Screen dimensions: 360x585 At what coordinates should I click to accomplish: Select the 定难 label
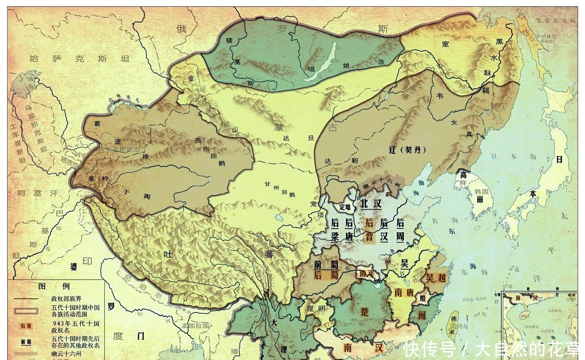[345, 207]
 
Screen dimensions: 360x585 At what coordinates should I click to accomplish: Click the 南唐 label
[404, 292]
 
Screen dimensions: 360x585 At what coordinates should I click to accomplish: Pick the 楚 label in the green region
[365, 311]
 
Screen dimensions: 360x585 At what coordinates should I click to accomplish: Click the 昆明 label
[316, 309]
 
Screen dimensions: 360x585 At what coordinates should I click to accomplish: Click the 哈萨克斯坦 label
[79, 59]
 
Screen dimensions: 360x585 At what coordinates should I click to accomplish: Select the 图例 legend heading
[53, 286]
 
